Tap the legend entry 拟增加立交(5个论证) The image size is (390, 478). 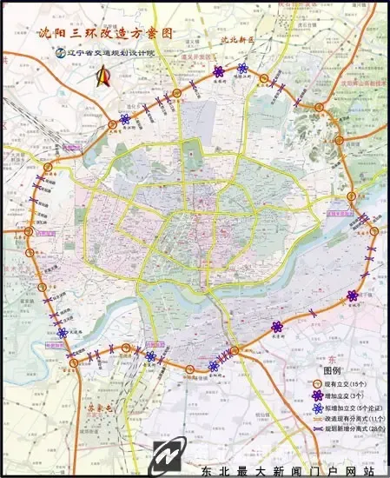[352, 406]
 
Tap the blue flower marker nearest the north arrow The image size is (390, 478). [126, 120]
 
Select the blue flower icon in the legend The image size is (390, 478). [315, 406]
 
